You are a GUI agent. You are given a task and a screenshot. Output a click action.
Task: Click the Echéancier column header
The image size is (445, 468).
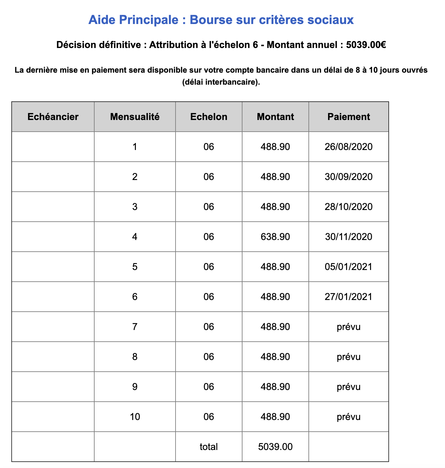click(x=53, y=117)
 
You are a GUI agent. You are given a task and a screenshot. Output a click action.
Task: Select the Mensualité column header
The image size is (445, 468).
click(x=135, y=117)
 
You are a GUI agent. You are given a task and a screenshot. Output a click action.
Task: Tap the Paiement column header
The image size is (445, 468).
click(x=349, y=117)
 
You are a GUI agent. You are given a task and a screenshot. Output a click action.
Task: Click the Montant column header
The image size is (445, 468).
click(x=275, y=117)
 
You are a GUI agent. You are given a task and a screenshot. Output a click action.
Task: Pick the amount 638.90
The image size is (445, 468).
click(x=275, y=237)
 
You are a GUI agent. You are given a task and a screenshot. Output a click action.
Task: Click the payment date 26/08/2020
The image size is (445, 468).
click(x=349, y=147)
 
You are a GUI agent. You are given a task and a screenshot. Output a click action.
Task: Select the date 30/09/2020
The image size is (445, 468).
click(x=349, y=177)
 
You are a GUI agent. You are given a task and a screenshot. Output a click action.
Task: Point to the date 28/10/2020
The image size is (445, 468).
click(x=349, y=207)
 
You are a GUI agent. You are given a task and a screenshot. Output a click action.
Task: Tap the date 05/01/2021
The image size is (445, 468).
click(x=349, y=267)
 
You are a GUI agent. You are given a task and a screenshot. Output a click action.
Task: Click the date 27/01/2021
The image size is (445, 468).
click(x=349, y=297)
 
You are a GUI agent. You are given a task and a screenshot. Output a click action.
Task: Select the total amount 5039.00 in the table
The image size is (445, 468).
click(x=275, y=447)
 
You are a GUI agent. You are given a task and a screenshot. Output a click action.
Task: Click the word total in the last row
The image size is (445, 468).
click(x=209, y=447)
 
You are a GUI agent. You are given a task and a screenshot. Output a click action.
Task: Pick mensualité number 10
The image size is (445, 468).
click(x=135, y=417)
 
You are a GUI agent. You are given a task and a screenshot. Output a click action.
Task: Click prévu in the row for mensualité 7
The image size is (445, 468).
click(x=349, y=327)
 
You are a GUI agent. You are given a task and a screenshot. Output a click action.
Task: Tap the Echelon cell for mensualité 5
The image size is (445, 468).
click(x=209, y=267)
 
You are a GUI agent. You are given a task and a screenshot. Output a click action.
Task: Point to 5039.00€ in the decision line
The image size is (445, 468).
click(x=366, y=45)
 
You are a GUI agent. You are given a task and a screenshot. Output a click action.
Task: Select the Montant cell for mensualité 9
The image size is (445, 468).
click(x=275, y=387)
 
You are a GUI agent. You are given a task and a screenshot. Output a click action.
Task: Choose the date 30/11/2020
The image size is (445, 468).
click(x=349, y=237)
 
